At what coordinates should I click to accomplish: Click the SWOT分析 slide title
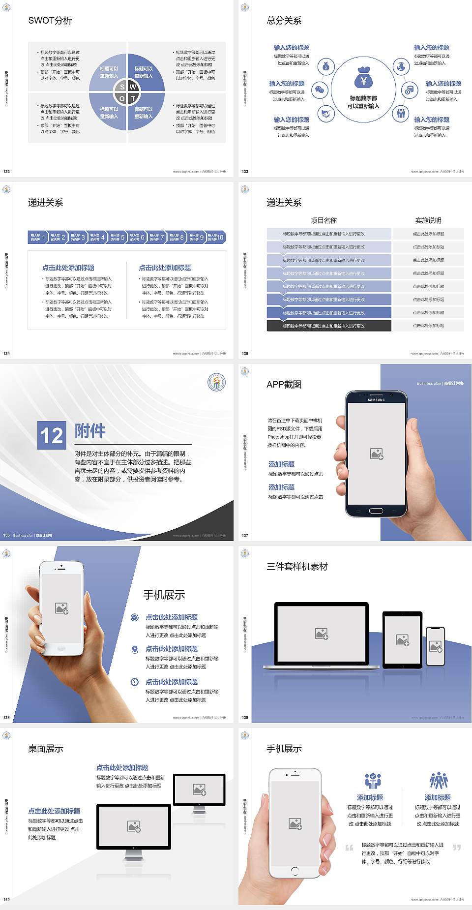(x=50, y=21)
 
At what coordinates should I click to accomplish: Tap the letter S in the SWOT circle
(x=122, y=87)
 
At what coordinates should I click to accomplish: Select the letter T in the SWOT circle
(x=133, y=98)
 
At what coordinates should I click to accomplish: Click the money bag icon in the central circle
(x=363, y=78)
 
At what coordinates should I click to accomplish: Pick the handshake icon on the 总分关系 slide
(x=325, y=114)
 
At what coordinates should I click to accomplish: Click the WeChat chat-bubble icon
(x=320, y=90)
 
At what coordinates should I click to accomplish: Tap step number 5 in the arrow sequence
(x=123, y=237)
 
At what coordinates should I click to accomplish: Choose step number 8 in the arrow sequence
(x=182, y=237)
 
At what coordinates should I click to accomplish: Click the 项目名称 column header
(x=324, y=220)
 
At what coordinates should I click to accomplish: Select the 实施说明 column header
(x=428, y=220)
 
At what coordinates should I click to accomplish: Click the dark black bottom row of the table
(x=329, y=326)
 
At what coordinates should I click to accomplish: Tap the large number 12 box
(x=52, y=435)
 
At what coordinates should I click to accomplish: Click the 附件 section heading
(x=90, y=431)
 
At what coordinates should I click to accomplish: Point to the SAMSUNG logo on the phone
(x=376, y=400)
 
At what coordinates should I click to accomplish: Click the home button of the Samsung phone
(x=376, y=511)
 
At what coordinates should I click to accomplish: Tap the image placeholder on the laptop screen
(x=322, y=634)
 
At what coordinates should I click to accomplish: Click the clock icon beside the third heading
(x=135, y=682)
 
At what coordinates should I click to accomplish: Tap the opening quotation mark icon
(x=349, y=848)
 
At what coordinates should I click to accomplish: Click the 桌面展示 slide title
(x=46, y=749)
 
